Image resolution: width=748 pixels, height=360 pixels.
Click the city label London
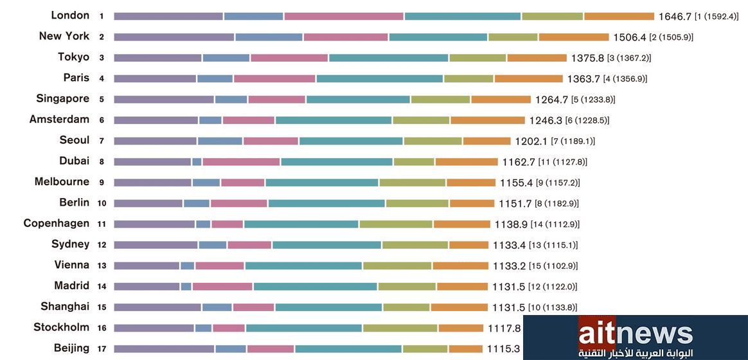[x=70, y=15]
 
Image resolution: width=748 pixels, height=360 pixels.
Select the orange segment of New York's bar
[x=573, y=37]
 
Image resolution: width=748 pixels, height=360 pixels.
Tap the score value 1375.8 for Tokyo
[x=587, y=58]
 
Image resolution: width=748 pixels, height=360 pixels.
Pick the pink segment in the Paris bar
[x=274, y=78]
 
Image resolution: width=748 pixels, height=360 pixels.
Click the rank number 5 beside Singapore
[x=102, y=100]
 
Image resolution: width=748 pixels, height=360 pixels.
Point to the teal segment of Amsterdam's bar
[x=334, y=120]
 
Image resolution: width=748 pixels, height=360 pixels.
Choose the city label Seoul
[x=75, y=140]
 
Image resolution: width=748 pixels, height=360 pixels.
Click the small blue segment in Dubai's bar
[x=197, y=161]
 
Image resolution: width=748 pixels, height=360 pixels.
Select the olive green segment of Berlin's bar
[x=417, y=203]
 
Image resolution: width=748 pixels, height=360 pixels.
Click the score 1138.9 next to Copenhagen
[x=511, y=224]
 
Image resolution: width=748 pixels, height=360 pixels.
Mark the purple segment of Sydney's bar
[x=156, y=245]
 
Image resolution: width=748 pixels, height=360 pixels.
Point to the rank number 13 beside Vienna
[x=102, y=265]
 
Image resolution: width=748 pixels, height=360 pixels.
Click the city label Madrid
[x=72, y=285]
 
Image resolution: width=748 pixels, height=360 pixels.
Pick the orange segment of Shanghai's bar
[x=459, y=307]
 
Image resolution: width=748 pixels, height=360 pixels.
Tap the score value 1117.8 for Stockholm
[x=503, y=328]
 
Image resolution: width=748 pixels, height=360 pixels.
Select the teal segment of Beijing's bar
[x=348, y=349]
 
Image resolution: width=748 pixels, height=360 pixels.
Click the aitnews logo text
[x=635, y=334]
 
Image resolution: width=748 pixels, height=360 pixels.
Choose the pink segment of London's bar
[x=344, y=16]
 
